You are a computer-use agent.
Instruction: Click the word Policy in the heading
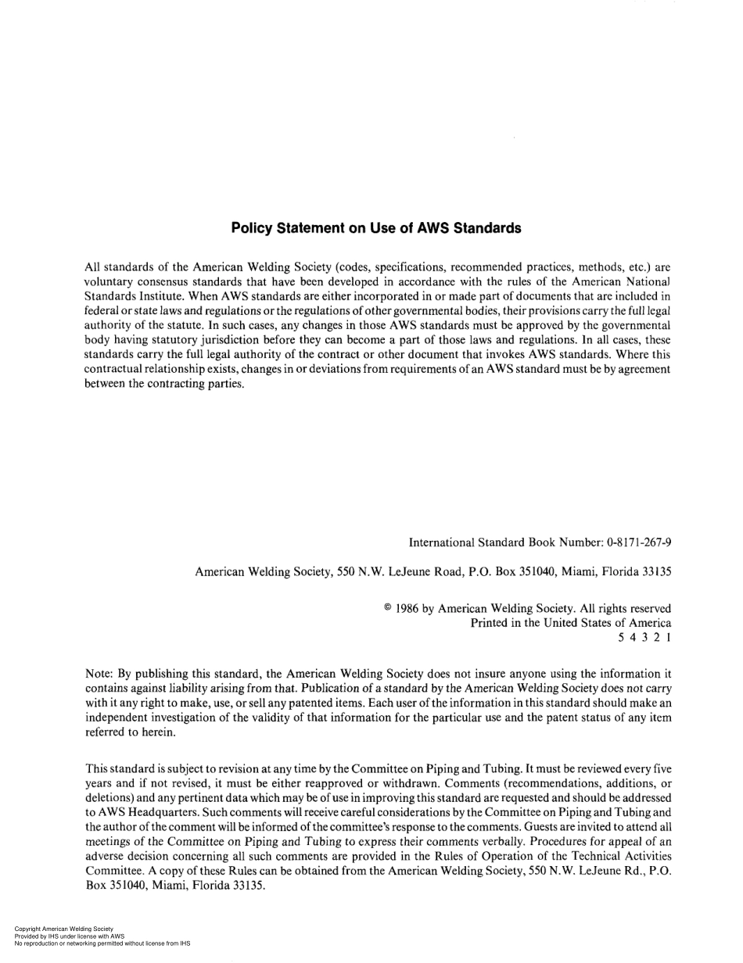pos(250,228)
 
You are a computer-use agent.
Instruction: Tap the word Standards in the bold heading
pos(487,228)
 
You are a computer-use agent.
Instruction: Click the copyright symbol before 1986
pos(388,607)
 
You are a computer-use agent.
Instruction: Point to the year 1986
pos(408,608)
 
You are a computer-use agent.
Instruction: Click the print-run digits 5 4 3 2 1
pos(644,637)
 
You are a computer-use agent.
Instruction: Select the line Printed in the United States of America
pos(570,623)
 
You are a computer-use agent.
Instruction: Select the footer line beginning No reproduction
pos(102,943)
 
